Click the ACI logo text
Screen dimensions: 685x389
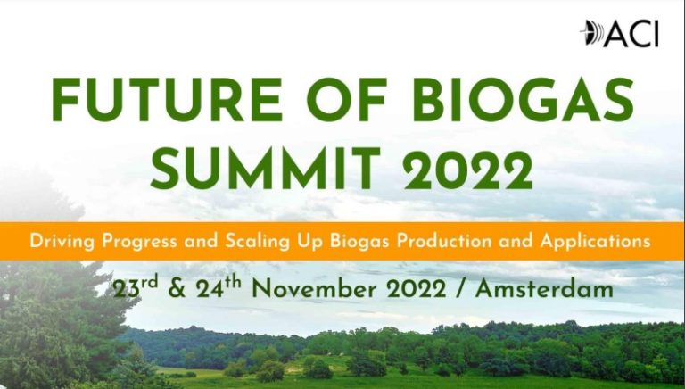coord(631,34)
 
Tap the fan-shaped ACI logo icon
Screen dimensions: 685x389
coord(591,33)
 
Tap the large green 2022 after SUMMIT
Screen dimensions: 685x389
coord(468,169)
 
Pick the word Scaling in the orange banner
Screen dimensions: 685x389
coord(257,242)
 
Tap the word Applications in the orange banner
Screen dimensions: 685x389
coord(596,242)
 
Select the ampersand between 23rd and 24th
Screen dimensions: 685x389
coord(177,289)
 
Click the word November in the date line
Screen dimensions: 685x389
coord(316,289)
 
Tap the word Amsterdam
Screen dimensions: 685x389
coord(544,289)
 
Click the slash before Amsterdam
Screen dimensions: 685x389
coord(460,289)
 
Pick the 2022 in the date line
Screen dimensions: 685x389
coord(417,289)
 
